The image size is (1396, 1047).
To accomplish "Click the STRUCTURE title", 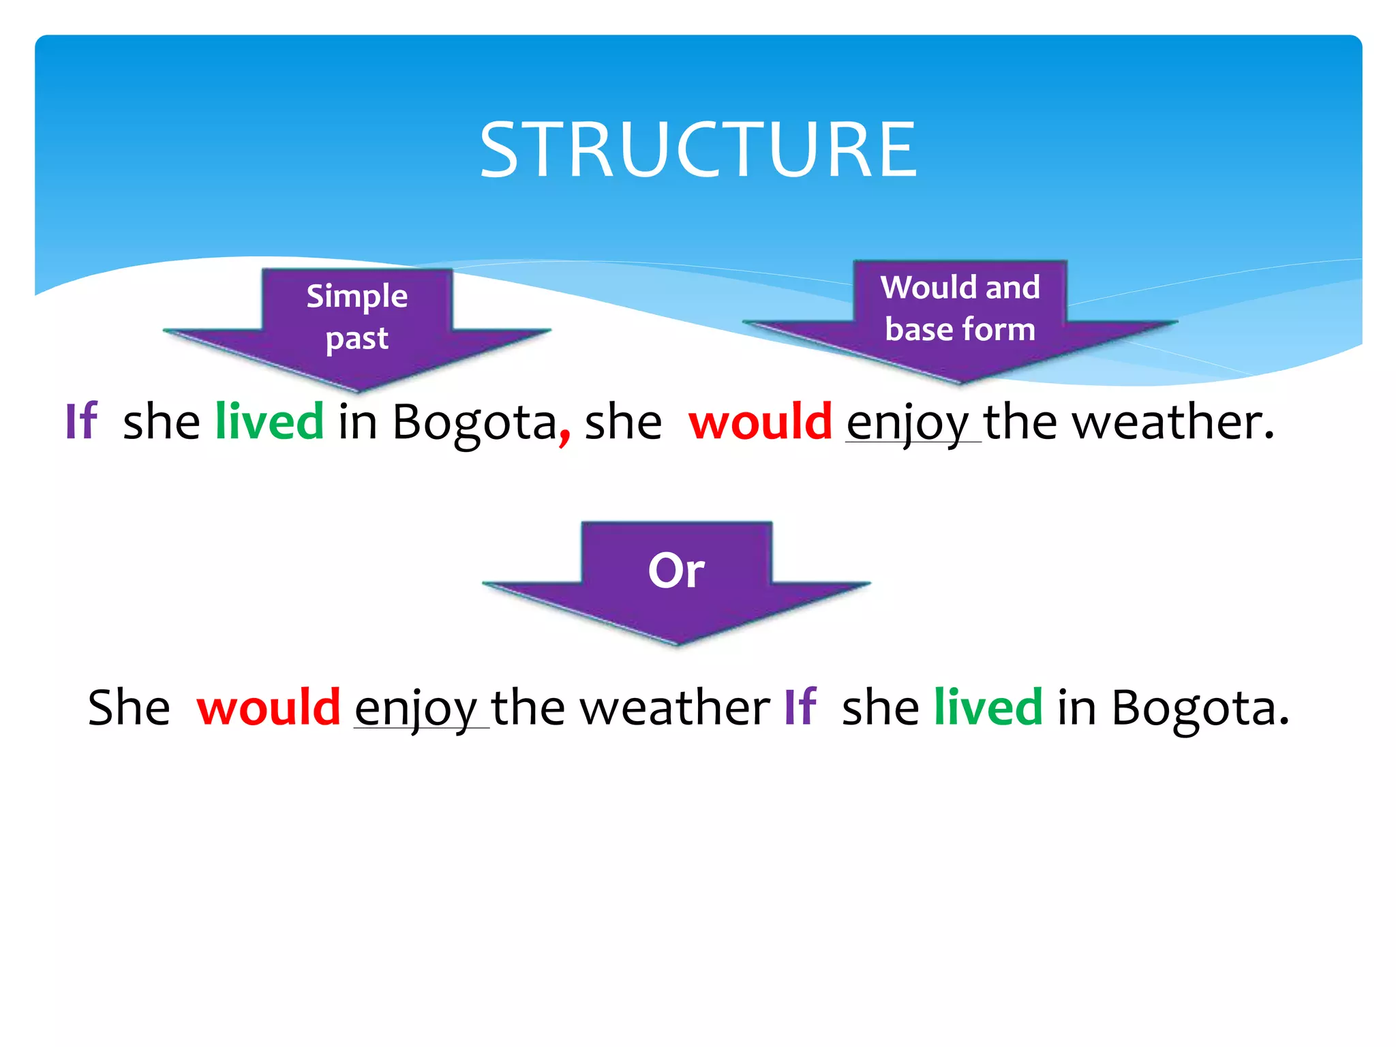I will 698,150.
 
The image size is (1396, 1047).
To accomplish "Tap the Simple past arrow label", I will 356,317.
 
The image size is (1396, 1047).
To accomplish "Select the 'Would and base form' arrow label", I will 960,308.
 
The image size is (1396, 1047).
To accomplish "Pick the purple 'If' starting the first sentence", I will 81,421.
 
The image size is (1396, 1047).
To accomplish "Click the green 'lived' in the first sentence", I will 269,421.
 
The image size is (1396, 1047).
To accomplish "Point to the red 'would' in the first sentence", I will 760,421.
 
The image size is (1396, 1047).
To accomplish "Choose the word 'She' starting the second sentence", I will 129,707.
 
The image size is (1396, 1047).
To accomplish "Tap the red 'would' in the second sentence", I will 269,707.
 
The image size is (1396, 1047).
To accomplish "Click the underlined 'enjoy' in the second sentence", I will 416,709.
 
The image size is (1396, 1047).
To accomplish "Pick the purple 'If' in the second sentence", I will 800,707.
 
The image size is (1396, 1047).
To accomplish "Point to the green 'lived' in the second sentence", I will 988,707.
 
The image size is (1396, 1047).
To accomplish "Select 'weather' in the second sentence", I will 675,707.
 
